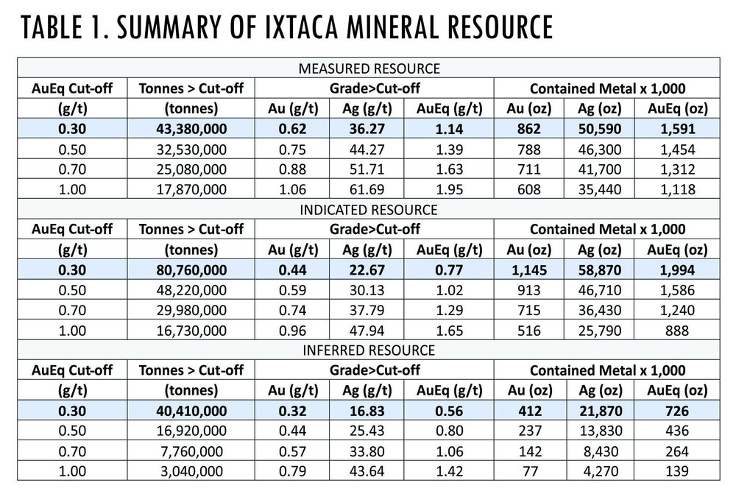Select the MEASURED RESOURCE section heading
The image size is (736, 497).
(x=368, y=69)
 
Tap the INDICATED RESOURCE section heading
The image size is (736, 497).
(x=368, y=210)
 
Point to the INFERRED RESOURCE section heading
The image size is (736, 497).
(x=368, y=350)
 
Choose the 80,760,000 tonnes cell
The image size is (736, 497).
(x=191, y=269)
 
